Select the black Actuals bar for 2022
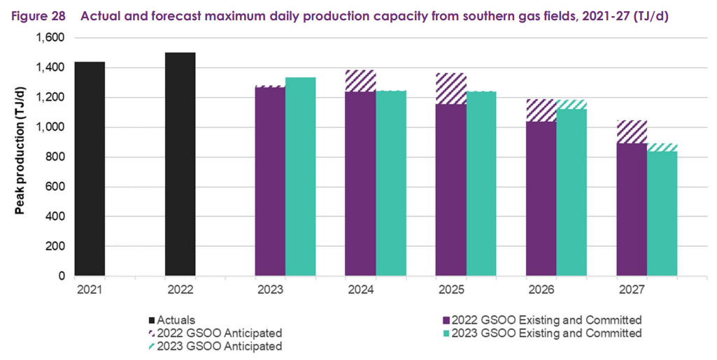[x=180, y=164]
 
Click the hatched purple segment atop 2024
[x=360, y=81]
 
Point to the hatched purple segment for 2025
[x=450, y=89]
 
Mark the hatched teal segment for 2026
[x=572, y=104]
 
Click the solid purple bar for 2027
[x=631, y=210]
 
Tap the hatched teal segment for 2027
[x=662, y=147]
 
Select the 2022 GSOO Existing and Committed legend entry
[x=546, y=319]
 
